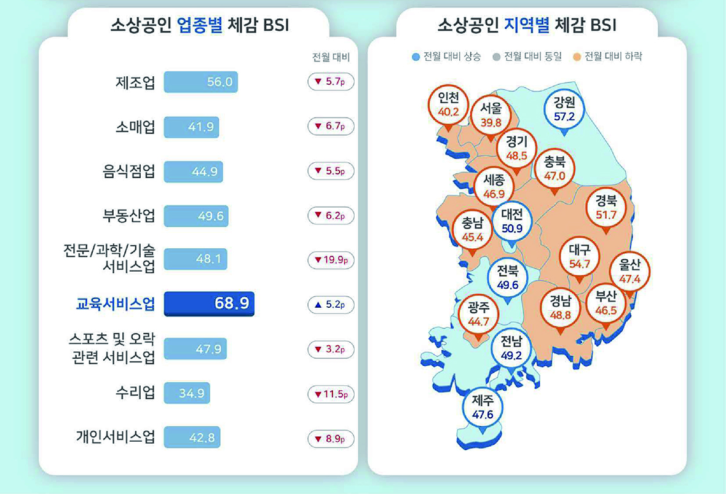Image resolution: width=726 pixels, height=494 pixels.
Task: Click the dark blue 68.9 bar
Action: click(209, 304)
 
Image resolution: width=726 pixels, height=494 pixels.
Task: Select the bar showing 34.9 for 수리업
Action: click(187, 393)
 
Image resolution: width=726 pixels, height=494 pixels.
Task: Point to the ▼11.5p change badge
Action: click(331, 394)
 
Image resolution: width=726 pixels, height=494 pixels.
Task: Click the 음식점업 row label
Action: click(128, 171)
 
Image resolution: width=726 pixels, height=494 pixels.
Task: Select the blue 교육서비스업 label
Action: click(115, 304)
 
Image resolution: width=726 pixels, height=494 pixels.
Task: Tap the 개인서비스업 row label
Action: click(115, 437)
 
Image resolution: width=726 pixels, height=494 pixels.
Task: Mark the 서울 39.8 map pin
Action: click(491, 115)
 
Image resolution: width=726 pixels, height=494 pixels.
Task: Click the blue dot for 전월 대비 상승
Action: click(416, 57)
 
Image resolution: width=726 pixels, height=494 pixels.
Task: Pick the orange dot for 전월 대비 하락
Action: click(576, 57)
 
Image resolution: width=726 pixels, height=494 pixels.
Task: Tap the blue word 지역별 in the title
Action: click(526, 25)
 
